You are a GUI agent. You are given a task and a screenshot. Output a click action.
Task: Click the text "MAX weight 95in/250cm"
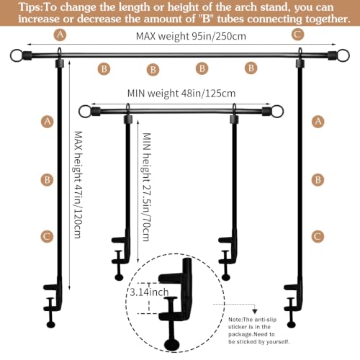pyautogui.click(x=191, y=36)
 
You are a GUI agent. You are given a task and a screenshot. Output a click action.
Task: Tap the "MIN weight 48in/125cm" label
pyautogui.click(x=181, y=93)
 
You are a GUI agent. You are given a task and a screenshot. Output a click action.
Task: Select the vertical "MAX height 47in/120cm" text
pyautogui.click(x=78, y=184)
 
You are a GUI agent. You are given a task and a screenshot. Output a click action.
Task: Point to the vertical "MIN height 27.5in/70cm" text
pyautogui.click(x=146, y=187)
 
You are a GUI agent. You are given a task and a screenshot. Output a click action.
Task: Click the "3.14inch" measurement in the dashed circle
pyautogui.click(x=149, y=292)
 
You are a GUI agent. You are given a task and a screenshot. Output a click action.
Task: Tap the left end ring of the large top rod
pyautogui.click(x=17, y=55)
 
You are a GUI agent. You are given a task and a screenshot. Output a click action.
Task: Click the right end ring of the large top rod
pyautogui.click(x=343, y=55)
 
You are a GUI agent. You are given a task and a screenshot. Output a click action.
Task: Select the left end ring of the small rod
pyautogui.click(x=85, y=112)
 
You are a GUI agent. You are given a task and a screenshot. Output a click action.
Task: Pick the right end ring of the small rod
pyautogui.click(x=277, y=112)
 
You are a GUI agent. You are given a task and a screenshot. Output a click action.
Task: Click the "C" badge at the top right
pyautogui.click(x=298, y=35)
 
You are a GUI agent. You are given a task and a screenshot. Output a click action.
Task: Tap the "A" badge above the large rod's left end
pyautogui.click(x=60, y=35)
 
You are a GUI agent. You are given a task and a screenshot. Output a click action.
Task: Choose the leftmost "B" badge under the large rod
pyautogui.click(x=104, y=69)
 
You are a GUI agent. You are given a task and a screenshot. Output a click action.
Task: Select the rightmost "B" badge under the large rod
pyautogui.click(x=251, y=68)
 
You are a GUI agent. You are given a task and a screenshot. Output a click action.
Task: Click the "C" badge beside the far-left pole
pyautogui.click(x=47, y=236)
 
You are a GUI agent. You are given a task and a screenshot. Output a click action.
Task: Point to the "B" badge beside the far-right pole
pyautogui.click(x=318, y=180)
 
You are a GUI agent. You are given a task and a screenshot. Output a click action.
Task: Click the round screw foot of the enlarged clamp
pyautogui.click(x=171, y=345)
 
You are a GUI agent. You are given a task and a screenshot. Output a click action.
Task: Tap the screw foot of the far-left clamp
pyautogui.click(x=51, y=325)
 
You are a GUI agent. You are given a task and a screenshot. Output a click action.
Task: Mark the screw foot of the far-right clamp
pyautogui.click(x=292, y=325)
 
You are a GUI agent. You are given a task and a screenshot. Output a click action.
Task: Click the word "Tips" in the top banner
pyautogui.click(x=30, y=7)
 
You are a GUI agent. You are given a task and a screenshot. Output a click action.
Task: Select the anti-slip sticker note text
pyautogui.click(x=259, y=330)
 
